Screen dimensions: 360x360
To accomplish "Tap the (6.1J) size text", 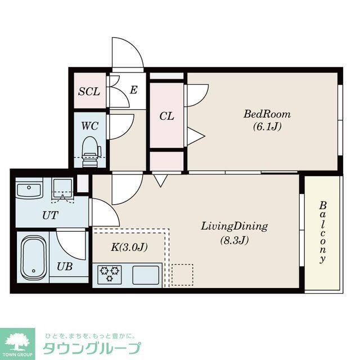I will [x=263, y=127].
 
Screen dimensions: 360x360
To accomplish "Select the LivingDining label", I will [x=234, y=227].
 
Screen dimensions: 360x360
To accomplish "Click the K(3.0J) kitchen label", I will [x=129, y=246].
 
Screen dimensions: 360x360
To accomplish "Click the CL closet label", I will [x=166, y=116].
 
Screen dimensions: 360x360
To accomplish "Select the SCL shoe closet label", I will [x=89, y=91].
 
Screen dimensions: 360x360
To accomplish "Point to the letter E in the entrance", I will [x=133, y=89].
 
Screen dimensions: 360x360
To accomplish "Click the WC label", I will [x=89, y=125].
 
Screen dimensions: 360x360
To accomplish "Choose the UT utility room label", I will [x=50, y=215].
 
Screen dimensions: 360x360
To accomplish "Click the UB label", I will [x=64, y=267].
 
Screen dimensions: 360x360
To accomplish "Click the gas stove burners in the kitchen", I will [x=110, y=274].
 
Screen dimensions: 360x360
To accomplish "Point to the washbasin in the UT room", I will [x=29, y=189].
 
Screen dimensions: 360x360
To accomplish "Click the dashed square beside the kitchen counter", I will [x=182, y=274].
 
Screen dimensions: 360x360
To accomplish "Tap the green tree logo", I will [x=17, y=340].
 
